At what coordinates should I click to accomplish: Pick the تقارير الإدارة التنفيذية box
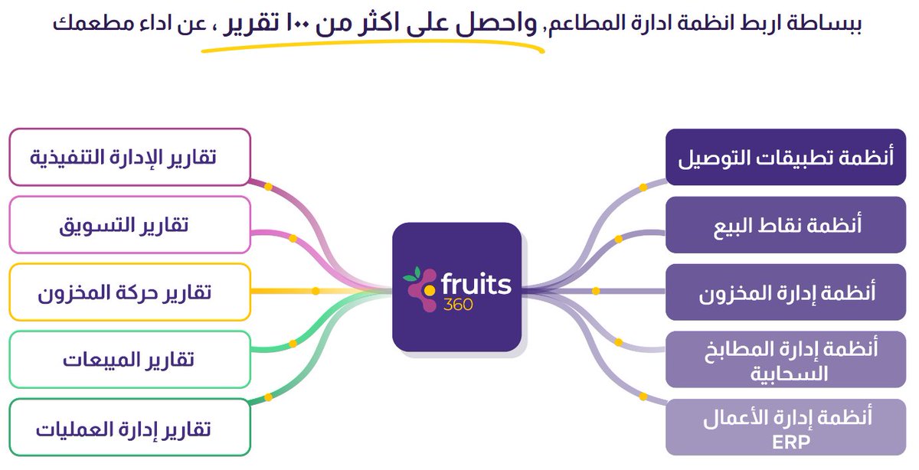[129, 157]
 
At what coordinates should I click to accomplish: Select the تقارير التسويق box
[129, 224]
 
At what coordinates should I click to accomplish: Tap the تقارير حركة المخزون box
[129, 292]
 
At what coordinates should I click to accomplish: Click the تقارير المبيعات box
[129, 359]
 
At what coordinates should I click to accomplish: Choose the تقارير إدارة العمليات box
[129, 427]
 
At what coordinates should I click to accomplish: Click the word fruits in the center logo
[475, 284]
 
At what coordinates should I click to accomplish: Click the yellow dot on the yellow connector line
[315, 291]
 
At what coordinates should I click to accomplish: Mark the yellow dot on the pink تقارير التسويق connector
[292, 238]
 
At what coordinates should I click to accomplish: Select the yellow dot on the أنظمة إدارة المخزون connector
[595, 291]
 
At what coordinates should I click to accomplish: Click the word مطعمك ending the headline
[83, 22]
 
